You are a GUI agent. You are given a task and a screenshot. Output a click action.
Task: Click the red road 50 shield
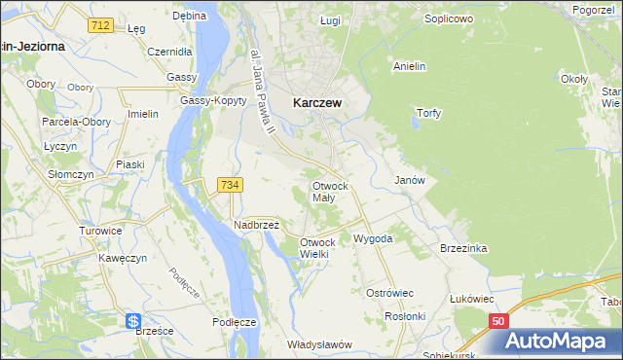tap(498, 320)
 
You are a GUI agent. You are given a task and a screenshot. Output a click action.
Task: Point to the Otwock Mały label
tap(330, 191)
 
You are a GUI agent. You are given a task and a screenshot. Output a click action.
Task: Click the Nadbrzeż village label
tap(257, 224)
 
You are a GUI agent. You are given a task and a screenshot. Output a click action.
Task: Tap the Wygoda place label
tap(373, 237)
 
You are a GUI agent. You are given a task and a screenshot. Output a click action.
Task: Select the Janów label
tap(409, 181)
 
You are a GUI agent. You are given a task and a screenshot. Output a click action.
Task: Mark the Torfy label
tap(429, 113)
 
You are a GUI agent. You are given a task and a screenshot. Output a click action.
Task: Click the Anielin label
tap(412, 66)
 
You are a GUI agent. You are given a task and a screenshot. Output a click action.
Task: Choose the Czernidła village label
tap(169, 53)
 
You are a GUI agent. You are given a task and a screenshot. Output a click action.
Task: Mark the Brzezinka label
tap(462, 248)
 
